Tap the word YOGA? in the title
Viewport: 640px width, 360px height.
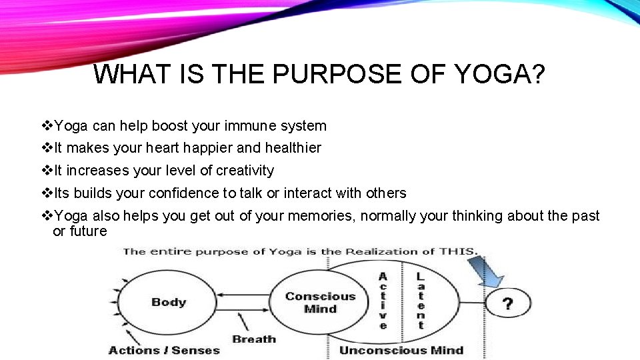(501, 74)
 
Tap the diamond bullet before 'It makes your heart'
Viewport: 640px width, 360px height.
(46, 148)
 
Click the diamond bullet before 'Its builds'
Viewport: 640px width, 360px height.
(46, 193)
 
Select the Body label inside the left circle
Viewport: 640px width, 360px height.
(169, 302)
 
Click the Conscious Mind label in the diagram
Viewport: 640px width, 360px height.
(321, 302)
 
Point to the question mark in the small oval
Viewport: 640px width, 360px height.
(507, 304)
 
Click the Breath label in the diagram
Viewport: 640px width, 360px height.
(253, 339)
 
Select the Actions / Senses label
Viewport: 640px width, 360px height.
(164, 350)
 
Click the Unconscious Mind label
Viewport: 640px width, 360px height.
(401, 350)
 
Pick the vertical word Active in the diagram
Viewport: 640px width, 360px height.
(383, 301)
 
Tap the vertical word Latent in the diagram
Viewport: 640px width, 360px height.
(420, 301)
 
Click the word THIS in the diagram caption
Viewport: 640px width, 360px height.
(457, 251)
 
